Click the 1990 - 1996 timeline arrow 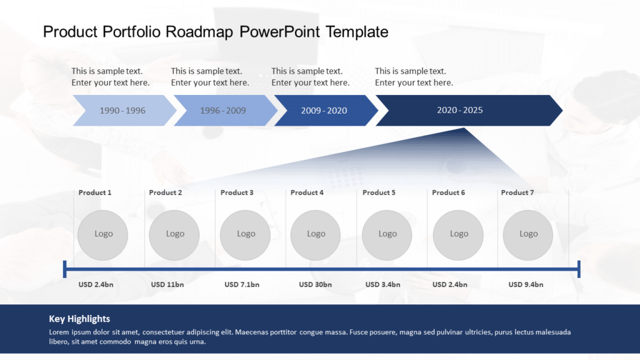123,111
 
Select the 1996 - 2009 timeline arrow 224,111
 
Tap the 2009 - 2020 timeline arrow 324,111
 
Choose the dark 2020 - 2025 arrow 461,111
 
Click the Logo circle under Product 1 103,234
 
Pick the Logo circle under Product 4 316,234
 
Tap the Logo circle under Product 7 528,234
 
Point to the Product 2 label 166,192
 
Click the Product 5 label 379,192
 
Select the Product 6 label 449,192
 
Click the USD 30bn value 316,284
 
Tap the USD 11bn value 167,284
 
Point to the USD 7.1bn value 242,284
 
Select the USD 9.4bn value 526,284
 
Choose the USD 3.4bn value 382,284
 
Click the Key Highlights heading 79,319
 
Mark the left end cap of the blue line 65,269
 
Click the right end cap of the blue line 579,269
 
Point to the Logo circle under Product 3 246,234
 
